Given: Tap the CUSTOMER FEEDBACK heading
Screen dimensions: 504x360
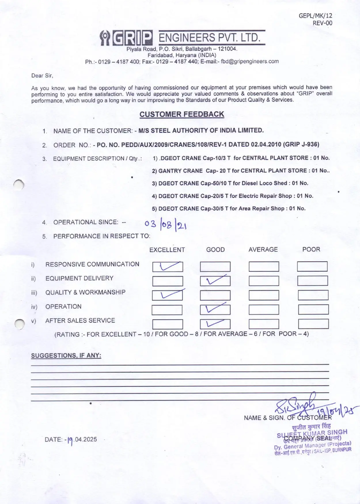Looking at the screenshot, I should [182, 114].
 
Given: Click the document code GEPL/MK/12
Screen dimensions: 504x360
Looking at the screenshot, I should [315, 16].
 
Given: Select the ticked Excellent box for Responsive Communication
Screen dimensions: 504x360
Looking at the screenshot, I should [168, 267].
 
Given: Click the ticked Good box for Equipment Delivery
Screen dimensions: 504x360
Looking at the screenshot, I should [215, 281].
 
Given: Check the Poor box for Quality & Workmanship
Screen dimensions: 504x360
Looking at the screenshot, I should [313, 295].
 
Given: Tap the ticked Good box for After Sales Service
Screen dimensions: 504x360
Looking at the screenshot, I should [215, 324].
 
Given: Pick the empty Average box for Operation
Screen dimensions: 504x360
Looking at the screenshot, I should [264, 310].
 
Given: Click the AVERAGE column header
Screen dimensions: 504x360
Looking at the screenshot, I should [263, 249].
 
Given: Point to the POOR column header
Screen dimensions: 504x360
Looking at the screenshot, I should [311, 249].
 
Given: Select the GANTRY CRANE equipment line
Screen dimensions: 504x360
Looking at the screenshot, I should [241, 171].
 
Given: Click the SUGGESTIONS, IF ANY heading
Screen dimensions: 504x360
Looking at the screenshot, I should [66, 355].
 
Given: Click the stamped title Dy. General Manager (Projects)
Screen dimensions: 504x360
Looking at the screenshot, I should [312, 445].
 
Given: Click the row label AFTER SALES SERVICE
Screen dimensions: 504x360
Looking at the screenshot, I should [80, 321].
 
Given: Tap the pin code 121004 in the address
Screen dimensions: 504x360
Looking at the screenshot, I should [227, 49].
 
